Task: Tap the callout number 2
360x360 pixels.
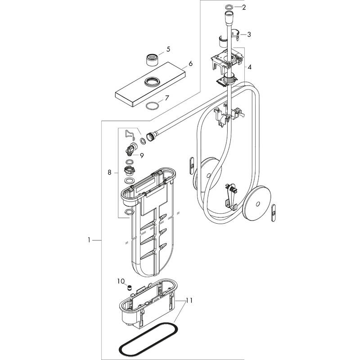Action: [x=244, y=7]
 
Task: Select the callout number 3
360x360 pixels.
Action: [x=249, y=34]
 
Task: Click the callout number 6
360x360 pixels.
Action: [x=190, y=64]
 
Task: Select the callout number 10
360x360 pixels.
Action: [x=120, y=281]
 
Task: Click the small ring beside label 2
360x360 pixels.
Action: [x=229, y=7]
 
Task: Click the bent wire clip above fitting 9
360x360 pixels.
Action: [x=130, y=133]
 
